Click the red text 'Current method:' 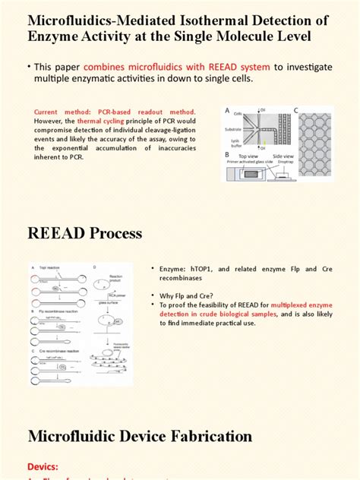59,112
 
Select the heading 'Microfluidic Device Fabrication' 140,436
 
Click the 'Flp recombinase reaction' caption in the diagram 53,311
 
